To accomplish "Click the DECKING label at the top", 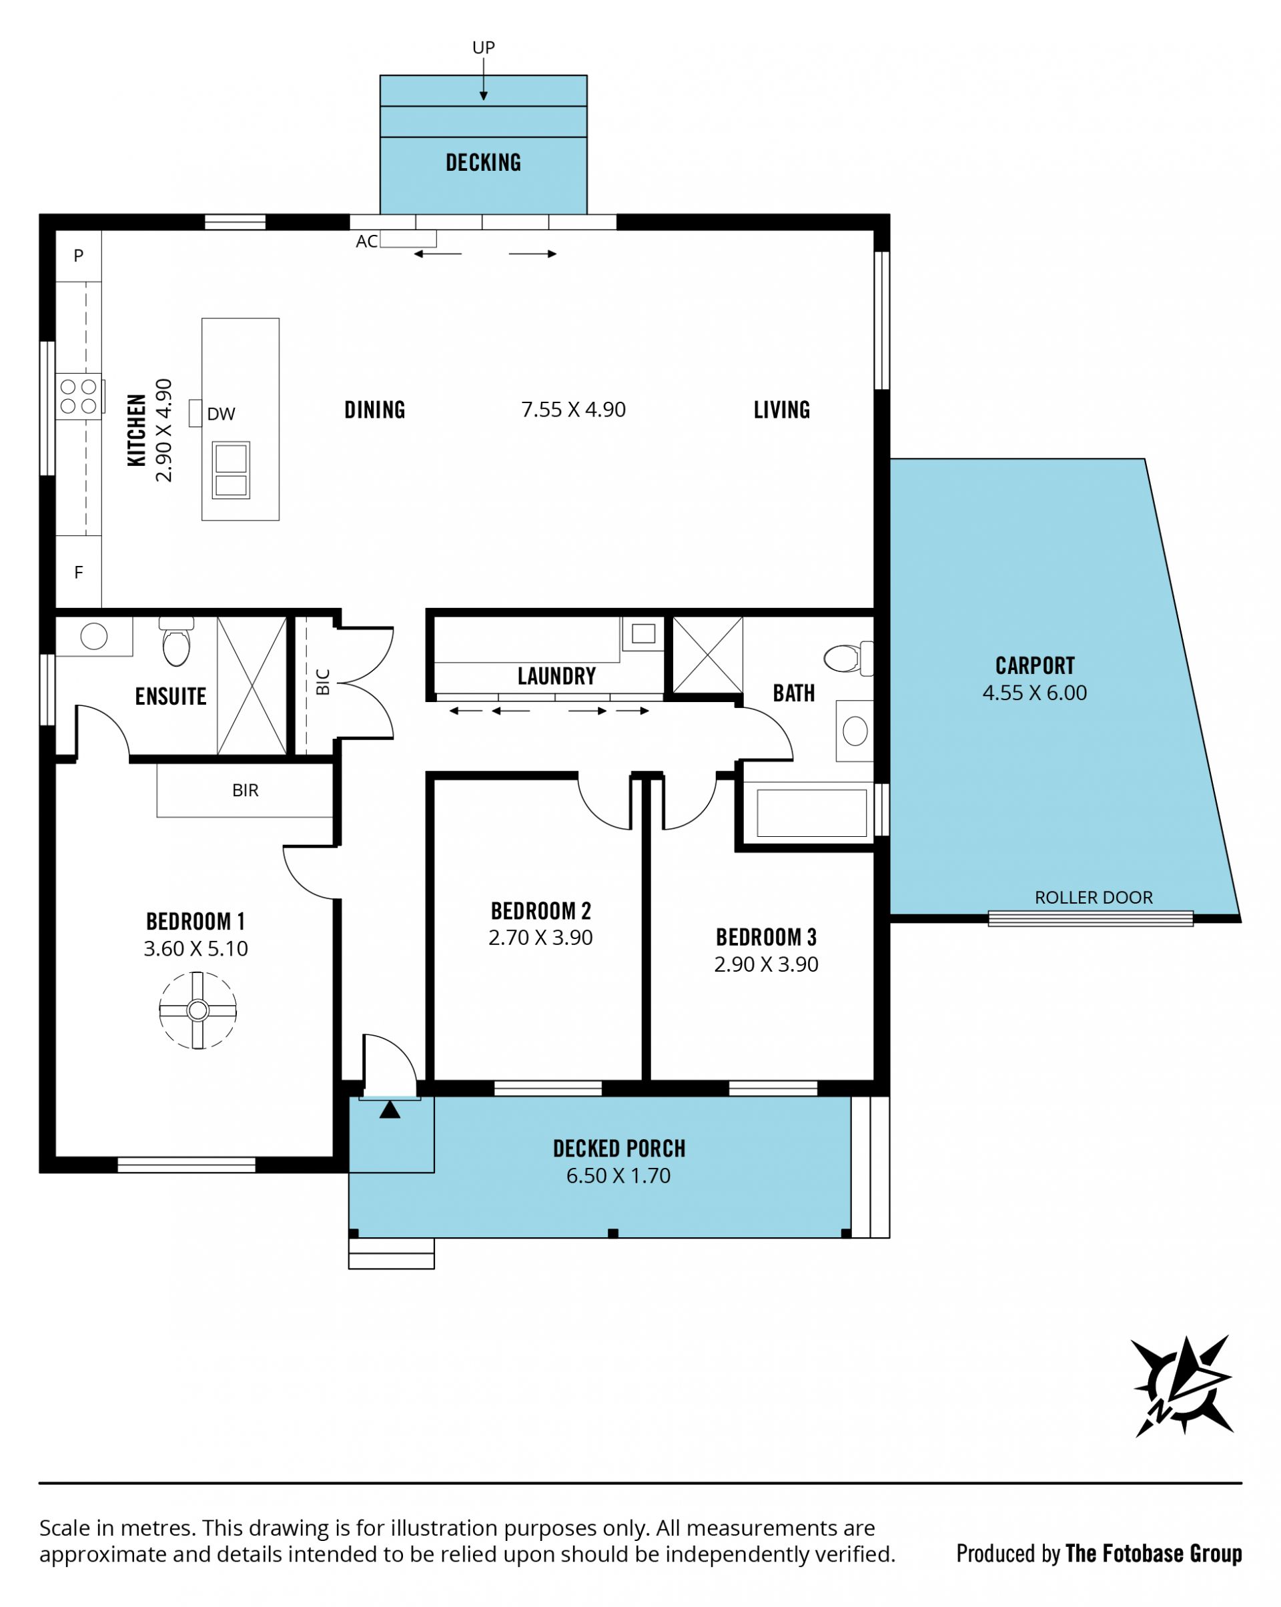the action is coord(483,162).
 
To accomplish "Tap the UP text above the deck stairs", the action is coord(484,47).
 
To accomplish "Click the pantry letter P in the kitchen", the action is coord(78,256).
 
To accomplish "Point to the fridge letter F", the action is coord(78,573).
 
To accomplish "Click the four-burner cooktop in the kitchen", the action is coord(79,396).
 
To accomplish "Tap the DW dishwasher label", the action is coord(221,414).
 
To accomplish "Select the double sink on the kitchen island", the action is coord(231,470).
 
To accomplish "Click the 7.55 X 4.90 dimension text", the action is coord(573,410).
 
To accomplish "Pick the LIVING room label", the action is coord(782,410).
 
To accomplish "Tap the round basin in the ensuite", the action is coord(94,637).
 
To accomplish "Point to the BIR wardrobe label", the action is coord(245,791).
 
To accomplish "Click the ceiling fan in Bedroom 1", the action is coord(197,1010).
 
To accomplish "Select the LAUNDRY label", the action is coord(556,676).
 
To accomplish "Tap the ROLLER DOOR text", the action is coord(1094,898).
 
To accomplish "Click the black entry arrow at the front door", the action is coord(390,1110).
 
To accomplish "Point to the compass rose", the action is coord(1182,1385).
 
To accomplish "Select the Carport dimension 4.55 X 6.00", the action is coord(1034,693).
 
